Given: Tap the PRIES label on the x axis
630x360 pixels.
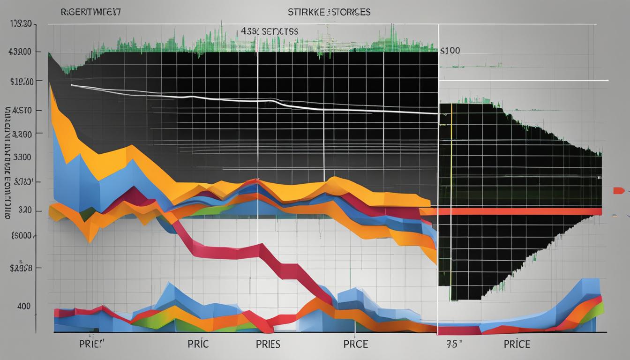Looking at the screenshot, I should (268, 345).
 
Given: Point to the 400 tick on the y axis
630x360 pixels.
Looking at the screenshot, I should (23, 306).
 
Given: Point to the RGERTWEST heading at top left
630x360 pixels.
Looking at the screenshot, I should (91, 12).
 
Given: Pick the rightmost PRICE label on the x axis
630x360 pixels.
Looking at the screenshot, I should (517, 345).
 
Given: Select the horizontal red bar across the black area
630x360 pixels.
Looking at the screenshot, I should (516, 211).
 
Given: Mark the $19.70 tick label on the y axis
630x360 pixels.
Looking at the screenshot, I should (21, 82).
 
